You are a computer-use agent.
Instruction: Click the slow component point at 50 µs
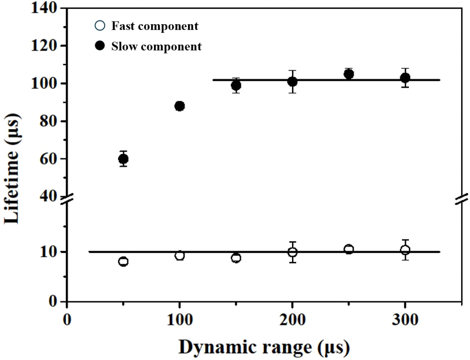[123, 159]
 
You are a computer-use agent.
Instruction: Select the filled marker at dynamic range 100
[180, 106]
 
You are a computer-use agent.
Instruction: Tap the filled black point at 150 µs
[236, 85]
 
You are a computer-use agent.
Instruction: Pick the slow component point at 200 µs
[293, 82]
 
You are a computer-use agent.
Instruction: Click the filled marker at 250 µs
[348, 74]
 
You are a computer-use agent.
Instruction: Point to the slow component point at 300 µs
[405, 78]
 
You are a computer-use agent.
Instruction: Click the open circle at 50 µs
[123, 261]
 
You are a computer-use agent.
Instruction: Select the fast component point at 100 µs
[180, 255]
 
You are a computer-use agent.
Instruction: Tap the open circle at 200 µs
[293, 252]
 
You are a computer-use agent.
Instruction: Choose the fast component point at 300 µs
[405, 250]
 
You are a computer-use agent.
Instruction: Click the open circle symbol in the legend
[99, 26]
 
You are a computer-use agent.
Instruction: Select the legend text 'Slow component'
[156, 46]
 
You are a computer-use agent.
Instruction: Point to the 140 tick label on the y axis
[45, 9]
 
